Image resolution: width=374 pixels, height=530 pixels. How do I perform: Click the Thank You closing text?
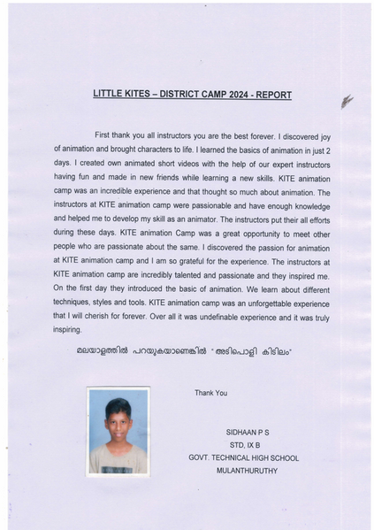click(210, 393)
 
